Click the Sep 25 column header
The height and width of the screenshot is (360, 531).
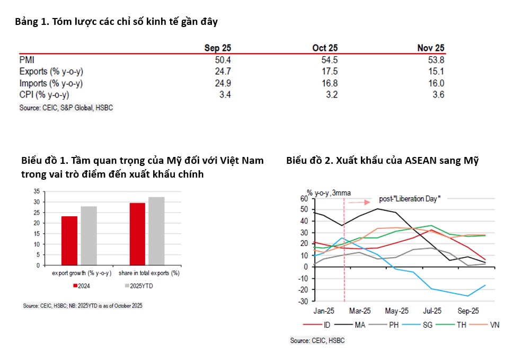(x=217, y=48)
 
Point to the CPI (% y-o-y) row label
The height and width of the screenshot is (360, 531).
(x=44, y=95)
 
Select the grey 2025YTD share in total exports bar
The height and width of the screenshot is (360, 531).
(x=156, y=231)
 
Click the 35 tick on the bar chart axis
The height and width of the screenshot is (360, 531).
(x=36, y=191)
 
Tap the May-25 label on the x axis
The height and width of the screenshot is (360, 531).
(x=397, y=311)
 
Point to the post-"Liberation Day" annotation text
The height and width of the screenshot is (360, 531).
(x=410, y=199)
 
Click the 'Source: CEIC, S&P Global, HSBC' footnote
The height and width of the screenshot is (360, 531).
(x=66, y=108)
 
